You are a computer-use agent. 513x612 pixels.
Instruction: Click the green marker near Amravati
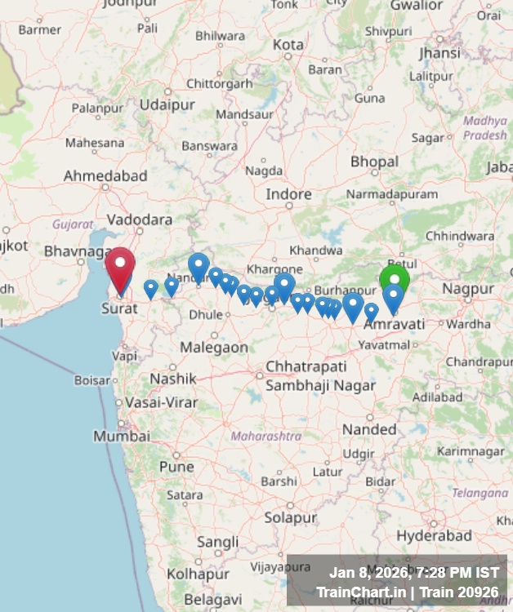(x=395, y=279)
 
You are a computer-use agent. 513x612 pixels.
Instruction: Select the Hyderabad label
(x=435, y=536)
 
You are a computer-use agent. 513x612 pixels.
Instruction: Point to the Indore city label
(x=288, y=194)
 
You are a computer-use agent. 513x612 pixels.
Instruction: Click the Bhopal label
(x=374, y=162)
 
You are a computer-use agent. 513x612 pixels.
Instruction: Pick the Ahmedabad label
(x=105, y=175)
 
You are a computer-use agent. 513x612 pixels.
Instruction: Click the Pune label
(x=176, y=467)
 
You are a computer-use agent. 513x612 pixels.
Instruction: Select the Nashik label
(x=172, y=379)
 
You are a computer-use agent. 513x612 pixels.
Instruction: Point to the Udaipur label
(x=167, y=104)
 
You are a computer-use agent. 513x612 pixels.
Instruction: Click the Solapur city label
(x=290, y=517)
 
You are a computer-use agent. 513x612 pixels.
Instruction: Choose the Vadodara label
(x=140, y=220)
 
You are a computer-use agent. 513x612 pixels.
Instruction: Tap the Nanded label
(x=368, y=429)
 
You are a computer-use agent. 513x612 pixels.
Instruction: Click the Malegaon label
(x=213, y=347)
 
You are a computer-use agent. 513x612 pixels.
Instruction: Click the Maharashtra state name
(x=265, y=437)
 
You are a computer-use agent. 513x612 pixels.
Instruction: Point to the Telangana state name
(x=480, y=493)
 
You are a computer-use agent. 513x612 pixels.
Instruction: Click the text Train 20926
(x=466, y=592)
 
